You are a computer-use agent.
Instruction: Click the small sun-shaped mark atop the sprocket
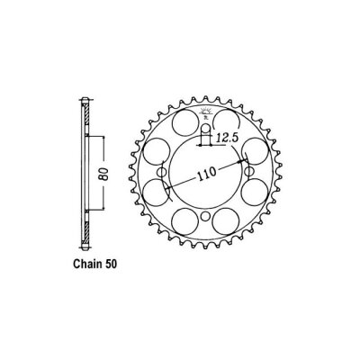(205, 107)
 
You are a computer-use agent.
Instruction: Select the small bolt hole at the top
(205, 137)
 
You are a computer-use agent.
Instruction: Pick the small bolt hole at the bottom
(205, 218)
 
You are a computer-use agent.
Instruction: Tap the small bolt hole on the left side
(162, 176)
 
